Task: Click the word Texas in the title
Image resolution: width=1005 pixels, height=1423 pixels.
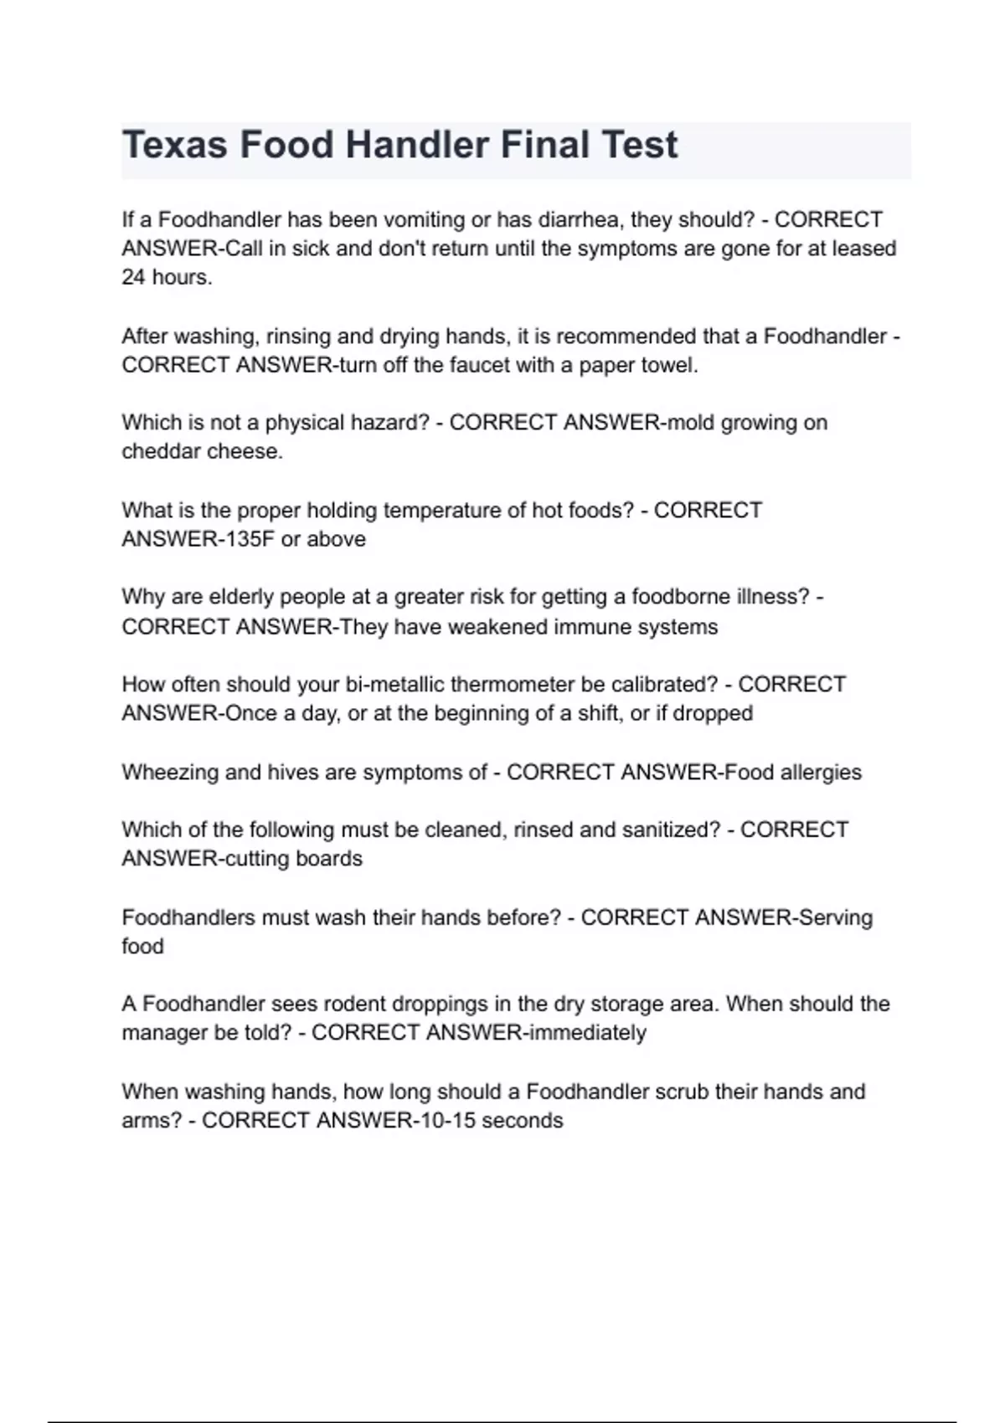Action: pos(175,145)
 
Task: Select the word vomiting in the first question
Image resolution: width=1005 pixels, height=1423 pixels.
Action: pos(424,220)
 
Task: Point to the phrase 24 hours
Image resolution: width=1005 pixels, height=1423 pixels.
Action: pos(167,278)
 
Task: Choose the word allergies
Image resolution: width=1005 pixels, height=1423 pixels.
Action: pos(821,772)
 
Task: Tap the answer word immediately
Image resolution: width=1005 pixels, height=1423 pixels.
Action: pos(585,1033)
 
